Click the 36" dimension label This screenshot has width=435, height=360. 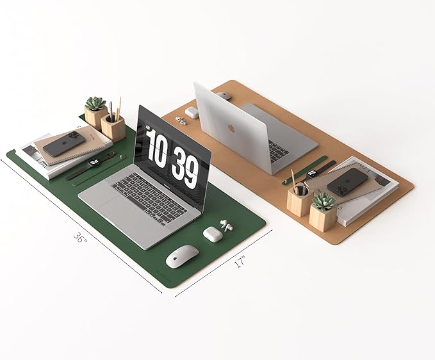(81, 238)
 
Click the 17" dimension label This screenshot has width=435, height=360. (240, 262)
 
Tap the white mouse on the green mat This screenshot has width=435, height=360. (183, 256)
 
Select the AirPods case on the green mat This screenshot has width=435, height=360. (213, 234)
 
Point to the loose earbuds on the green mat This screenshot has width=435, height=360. (226, 225)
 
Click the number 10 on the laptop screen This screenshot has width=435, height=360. (158, 149)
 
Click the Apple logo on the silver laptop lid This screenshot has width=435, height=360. (231, 128)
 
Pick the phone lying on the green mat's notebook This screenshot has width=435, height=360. (64, 144)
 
